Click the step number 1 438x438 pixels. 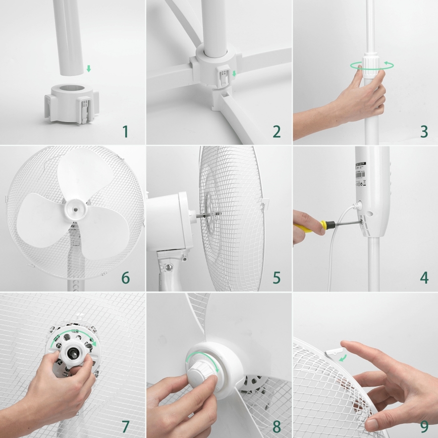pos(125,132)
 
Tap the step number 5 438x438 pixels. pos(276,278)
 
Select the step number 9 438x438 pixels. pos(424,425)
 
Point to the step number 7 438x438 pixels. pos(125,425)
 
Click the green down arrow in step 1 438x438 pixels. pos(89,68)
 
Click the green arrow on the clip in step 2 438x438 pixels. pos(234,75)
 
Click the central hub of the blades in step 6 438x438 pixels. pos(74,205)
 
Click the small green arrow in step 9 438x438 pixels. pos(343,358)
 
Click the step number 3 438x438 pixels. pos(424,132)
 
